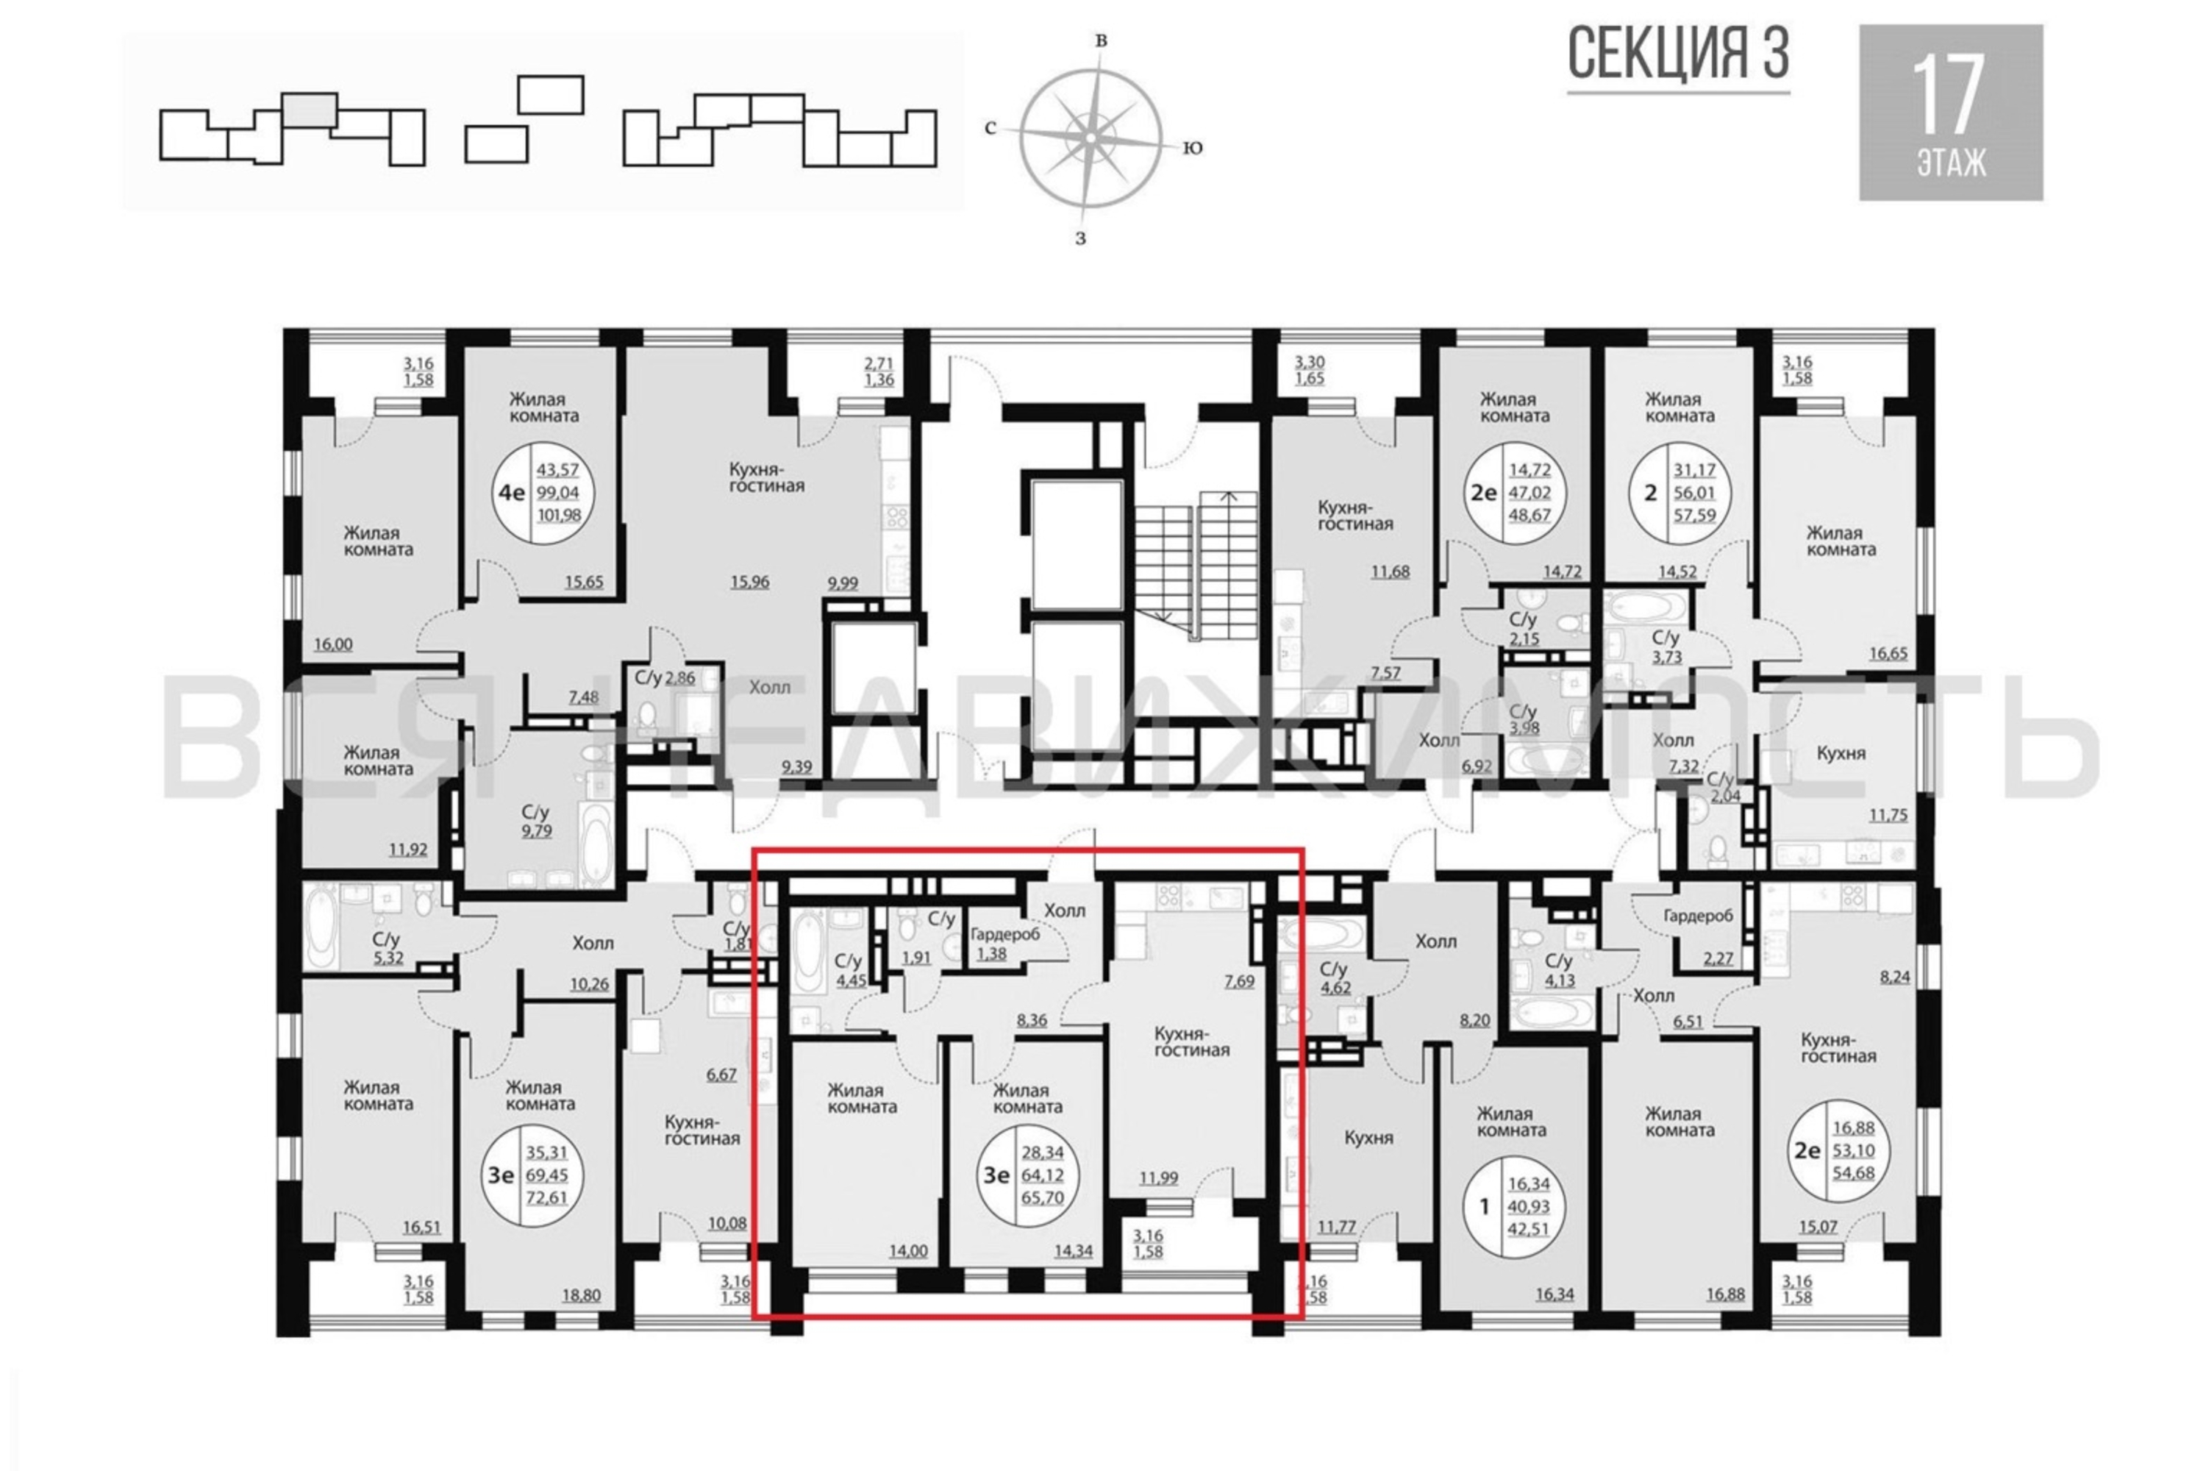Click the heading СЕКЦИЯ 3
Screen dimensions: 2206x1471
1678,54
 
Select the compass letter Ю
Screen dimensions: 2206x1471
1192,147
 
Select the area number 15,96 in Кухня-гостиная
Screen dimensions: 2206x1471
749,583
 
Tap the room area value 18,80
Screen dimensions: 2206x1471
581,1295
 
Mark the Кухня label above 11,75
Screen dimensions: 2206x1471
1841,753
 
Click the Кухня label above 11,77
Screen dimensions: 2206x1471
1368,1138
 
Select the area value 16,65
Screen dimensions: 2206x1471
1888,654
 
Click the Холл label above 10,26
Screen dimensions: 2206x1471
593,944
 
